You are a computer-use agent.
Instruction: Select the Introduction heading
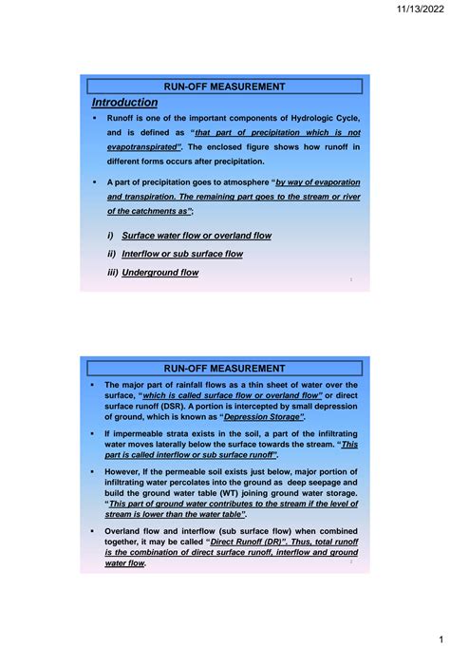tap(124, 103)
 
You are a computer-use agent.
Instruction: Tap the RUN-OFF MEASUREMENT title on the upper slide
tap(225, 86)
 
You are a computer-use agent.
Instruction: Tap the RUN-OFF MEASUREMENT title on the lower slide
tap(225, 368)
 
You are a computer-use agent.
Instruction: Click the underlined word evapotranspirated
tap(143, 148)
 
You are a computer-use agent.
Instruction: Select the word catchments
tap(151, 211)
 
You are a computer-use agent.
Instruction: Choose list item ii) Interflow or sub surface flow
tap(182, 254)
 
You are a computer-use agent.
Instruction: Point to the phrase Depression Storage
tap(263, 417)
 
